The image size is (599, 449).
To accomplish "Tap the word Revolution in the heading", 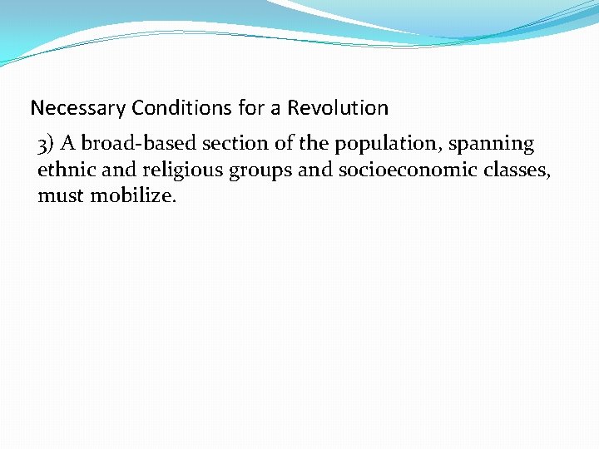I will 338,108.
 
